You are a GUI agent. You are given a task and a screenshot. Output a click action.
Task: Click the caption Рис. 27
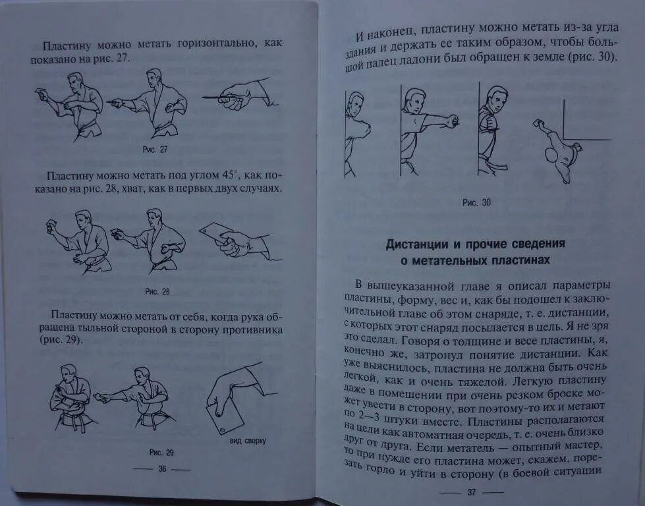coord(155,150)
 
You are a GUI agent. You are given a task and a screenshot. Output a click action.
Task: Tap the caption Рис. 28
coord(157,291)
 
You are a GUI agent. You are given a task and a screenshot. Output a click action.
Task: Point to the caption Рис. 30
coord(476,202)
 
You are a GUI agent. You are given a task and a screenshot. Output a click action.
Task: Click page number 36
coord(161,468)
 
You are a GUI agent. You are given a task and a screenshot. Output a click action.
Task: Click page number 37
coord(472,492)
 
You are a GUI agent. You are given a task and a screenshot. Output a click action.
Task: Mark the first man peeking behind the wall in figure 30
coord(356,132)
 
